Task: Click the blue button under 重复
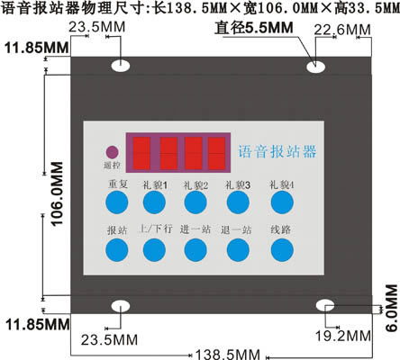[x=117, y=202]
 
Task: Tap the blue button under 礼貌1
[x=154, y=202]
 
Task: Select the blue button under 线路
[x=282, y=250]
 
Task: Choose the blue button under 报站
[x=117, y=250]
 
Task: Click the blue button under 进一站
[x=195, y=250]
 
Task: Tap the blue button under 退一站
[x=238, y=250]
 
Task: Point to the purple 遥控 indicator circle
[x=112, y=152]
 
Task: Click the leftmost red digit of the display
[x=141, y=153]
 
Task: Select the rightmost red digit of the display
[x=216, y=153]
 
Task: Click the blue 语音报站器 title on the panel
[x=277, y=151]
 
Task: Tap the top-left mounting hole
[x=121, y=66]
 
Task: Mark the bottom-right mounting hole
[x=325, y=305]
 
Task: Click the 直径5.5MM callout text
[x=254, y=28]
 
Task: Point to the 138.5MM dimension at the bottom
[x=228, y=355]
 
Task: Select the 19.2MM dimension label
[x=343, y=336]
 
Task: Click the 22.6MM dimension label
[x=342, y=30]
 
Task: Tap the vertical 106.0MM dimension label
[x=57, y=193]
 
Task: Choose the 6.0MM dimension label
[x=392, y=308]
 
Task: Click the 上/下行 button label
[x=156, y=229]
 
